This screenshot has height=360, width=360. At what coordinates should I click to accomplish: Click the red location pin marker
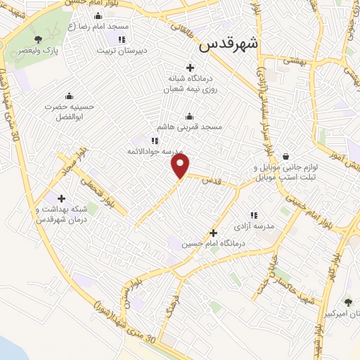point(181,166)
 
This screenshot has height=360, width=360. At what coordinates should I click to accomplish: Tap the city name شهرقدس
point(229,44)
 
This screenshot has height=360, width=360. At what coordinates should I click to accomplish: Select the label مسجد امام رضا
point(105,27)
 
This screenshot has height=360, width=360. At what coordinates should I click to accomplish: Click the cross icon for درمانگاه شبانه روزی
point(190,67)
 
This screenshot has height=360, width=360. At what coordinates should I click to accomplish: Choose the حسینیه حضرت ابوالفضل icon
point(69,96)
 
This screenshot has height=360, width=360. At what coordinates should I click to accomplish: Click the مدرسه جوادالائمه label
point(155,151)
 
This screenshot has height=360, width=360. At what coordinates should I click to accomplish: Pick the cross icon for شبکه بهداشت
point(61,199)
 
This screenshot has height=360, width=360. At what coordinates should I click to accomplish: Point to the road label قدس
point(208,181)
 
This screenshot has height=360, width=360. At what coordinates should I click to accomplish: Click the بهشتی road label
point(295,61)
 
